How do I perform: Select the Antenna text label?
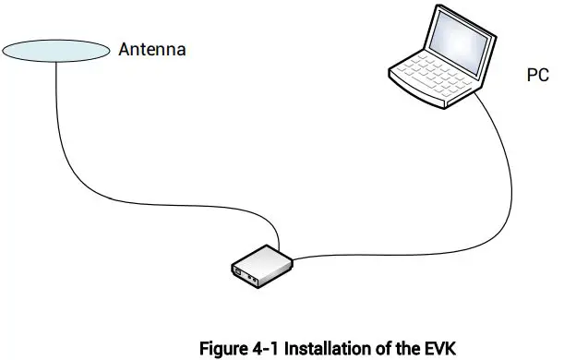pyautogui.click(x=152, y=50)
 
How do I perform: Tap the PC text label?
pyautogui.click(x=537, y=77)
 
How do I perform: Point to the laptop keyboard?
pyautogui.click(x=433, y=78)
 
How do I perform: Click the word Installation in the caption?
pyautogui.click(x=328, y=348)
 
